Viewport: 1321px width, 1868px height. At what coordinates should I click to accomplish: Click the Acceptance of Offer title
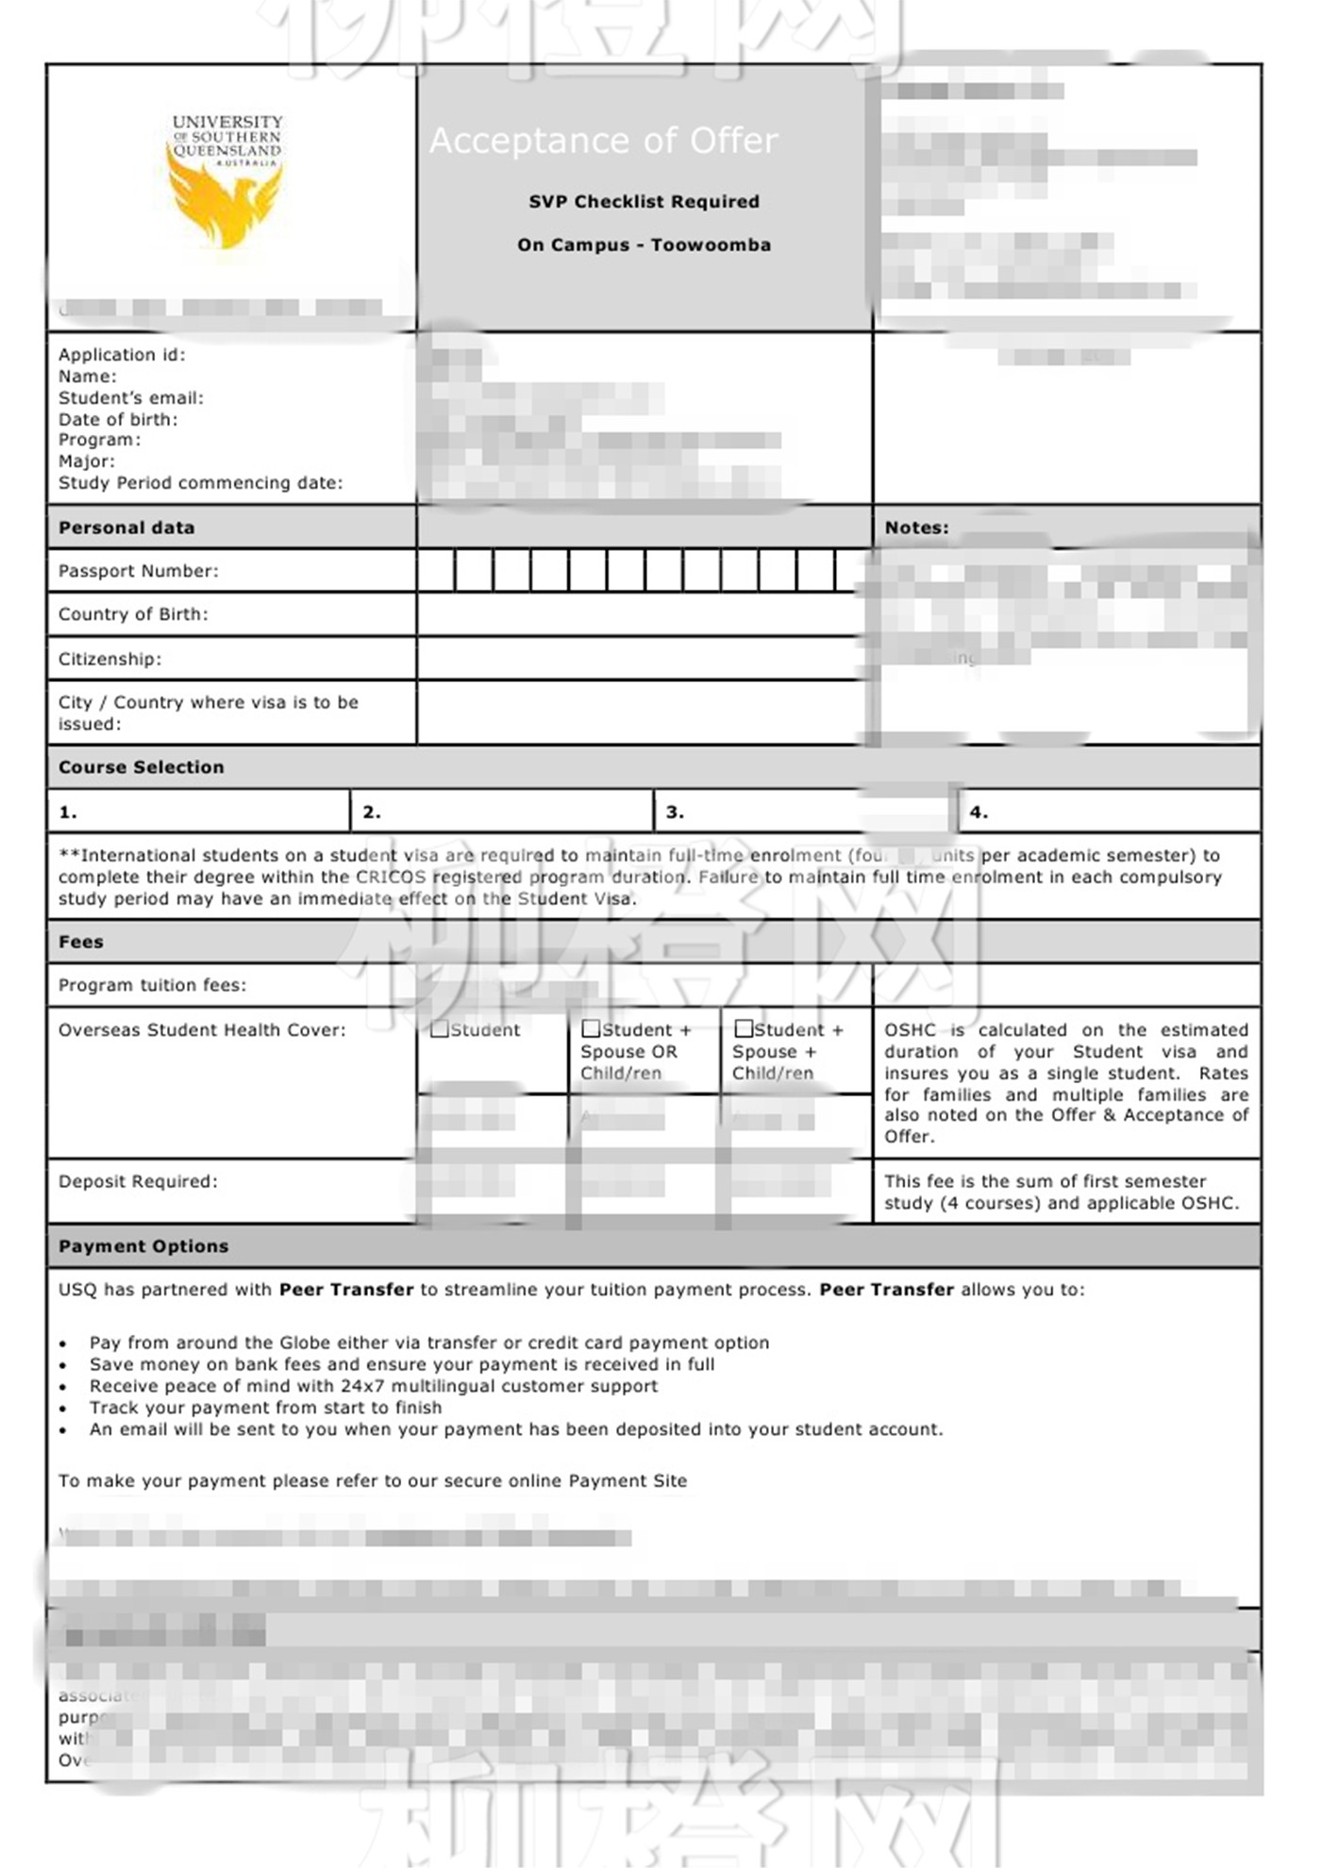[604, 141]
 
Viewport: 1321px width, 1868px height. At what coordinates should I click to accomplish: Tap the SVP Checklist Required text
[644, 202]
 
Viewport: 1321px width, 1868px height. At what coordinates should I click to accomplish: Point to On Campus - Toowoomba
[644, 245]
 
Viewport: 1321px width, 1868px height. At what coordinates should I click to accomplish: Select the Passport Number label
[138, 571]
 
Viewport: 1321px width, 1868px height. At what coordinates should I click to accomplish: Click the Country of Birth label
[133, 614]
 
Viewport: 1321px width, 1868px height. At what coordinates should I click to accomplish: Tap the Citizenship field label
[109, 659]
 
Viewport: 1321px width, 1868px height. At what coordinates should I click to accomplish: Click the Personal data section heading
[126, 527]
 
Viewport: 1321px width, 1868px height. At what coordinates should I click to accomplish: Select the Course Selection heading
[142, 767]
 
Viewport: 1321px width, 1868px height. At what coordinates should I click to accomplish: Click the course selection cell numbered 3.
[802, 811]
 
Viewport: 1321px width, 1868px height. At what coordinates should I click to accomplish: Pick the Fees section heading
[81, 942]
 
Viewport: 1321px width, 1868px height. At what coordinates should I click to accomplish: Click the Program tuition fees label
[152, 985]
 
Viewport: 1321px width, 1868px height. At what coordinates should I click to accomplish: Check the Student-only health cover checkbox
[440, 1029]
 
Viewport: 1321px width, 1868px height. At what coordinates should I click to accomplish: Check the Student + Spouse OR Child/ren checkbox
[592, 1028]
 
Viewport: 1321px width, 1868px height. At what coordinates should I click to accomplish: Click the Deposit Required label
[138, 1181]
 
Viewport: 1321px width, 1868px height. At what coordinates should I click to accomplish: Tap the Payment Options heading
[143, 1246]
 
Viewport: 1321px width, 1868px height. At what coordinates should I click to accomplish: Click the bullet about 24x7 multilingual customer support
[374, 1386]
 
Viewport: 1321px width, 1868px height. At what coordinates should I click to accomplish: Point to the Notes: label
[916, 527]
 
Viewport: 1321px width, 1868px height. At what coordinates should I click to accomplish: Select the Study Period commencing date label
[200, 483]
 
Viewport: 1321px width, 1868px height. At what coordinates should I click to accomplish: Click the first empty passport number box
[436, 571]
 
